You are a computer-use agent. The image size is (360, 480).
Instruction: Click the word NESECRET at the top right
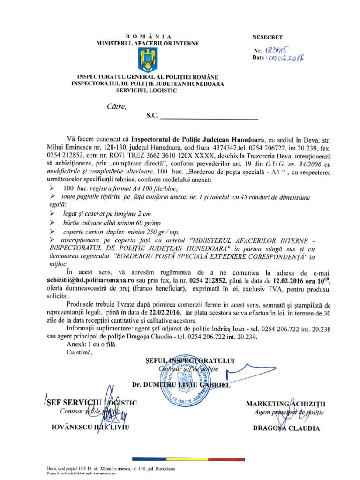click(x=268, y=37)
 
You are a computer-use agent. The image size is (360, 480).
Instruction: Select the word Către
click(x=116, y=106)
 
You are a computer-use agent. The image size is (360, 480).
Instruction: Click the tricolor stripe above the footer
click(x=180, y=459)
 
